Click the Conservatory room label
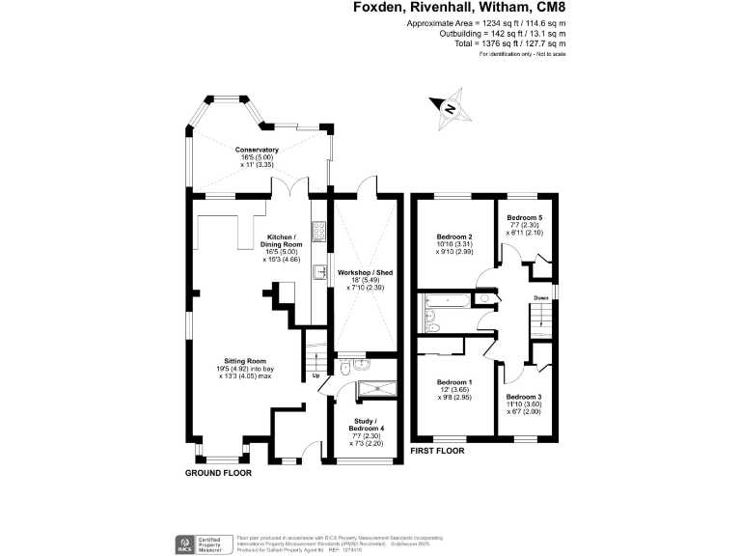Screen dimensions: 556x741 [x=257, y=150]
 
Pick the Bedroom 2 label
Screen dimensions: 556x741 [x=453, y=236]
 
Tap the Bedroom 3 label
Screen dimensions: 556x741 [x=526, y=397]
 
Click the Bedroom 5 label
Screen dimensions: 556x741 [x=525, y=218]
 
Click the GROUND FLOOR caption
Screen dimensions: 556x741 [x=218, y=474]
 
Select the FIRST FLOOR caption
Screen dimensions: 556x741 [x=437, y=451]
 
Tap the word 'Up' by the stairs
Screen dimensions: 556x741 [x=315, y=376]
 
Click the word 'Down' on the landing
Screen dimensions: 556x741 [x=541, y=297]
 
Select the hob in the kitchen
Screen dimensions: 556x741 [x=318, y=234]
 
